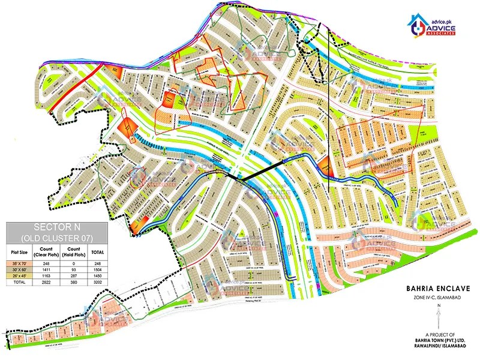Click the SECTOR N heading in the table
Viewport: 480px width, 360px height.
(57, 227)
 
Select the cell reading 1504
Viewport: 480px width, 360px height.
(97, 271)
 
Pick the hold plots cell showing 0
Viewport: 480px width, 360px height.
(74, 263)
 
